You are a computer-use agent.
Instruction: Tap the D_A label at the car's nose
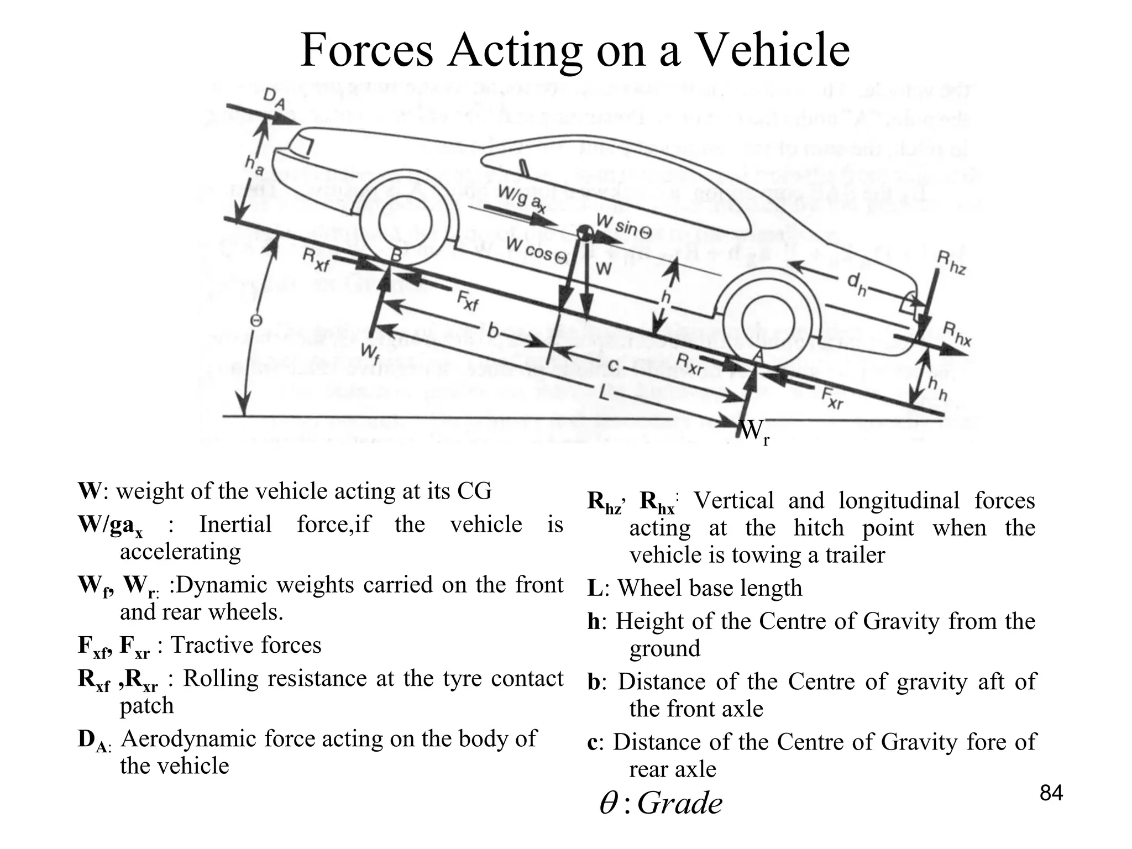tap(275, 100)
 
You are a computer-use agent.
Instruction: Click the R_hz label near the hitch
tap(952, 264)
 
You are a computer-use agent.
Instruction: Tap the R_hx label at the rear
tap(956, 334)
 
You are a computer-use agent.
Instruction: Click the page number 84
tap(1051, 793)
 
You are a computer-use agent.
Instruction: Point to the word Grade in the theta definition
tap(679, 803)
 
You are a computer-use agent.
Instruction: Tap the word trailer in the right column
tap(855, 554)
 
